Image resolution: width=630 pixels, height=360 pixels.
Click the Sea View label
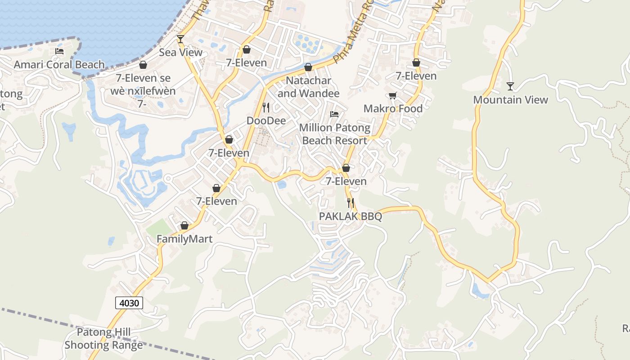tap(180, 53)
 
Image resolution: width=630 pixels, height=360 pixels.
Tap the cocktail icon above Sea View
tap(180, 39)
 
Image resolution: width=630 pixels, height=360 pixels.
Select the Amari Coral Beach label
tap(59, 64)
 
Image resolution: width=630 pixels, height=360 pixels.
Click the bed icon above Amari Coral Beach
tap(59, 51)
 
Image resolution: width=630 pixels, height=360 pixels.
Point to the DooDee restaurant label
tap(266, 121)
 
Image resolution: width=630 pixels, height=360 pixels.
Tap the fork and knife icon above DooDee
tap(266, 107)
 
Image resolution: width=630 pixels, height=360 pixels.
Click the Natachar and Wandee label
tap(308, 87)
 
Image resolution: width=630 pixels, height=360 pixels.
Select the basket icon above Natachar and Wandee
tap(308, 67)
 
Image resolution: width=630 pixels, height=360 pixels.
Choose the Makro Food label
tap(393, 108)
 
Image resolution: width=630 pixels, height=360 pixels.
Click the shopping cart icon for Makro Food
tap(393, 95)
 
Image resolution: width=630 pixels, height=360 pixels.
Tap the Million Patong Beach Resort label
tap(334, 134)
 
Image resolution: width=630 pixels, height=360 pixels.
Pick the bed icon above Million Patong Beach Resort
tap(334, 114)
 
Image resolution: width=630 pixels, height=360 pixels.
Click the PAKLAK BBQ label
tap(351, 216)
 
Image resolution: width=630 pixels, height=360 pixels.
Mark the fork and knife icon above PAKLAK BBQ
tap(351, 203)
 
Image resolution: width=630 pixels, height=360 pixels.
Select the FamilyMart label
tap(184, 238)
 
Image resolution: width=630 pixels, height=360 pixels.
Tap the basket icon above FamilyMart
tap(184, 225)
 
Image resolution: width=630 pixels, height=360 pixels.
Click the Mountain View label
tap(510, 100)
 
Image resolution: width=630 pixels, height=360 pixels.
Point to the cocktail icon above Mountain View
tap(510, 86)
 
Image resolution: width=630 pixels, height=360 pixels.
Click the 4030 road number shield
tap(129, 303)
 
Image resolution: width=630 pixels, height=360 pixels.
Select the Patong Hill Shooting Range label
tap(103, 339)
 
